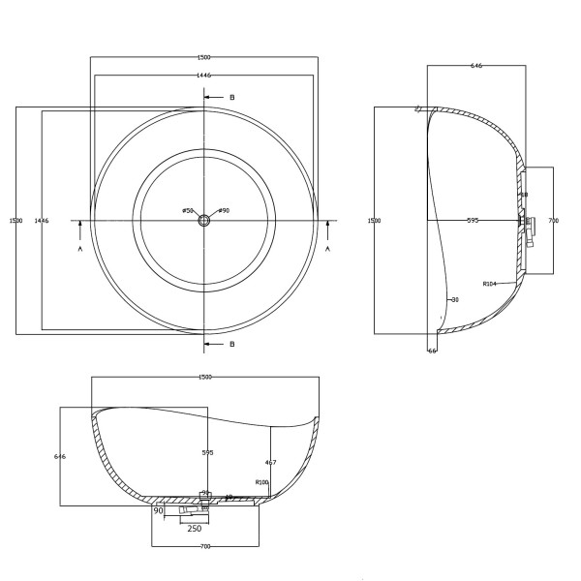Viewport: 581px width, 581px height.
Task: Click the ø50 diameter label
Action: tap(188, 211)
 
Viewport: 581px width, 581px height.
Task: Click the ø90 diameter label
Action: tap(224, 211)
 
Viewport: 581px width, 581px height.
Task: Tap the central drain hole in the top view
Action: tap(204, 221)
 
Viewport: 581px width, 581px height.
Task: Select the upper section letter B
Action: tap(232, 98)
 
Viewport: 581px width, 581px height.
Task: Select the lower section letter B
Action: tap(232, 344)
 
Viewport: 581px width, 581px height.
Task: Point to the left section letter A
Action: tap(80, 249)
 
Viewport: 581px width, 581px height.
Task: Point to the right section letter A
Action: tap(328, 249)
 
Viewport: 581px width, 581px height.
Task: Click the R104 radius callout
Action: tap(489, 284)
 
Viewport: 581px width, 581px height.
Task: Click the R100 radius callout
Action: tap(261, 482)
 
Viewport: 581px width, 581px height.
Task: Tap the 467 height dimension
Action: tap(270, 463)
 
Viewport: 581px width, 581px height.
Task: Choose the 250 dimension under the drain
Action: tap(194, 529)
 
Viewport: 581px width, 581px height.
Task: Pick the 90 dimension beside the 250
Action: tap(158, 511)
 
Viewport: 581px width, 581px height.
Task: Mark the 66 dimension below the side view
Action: tap(433, 351)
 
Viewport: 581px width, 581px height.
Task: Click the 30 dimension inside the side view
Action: tap(454, 300)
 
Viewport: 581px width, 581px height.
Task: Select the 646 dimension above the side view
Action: tap(476, 66)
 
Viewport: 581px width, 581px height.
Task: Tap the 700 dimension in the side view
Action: tap(553, 221)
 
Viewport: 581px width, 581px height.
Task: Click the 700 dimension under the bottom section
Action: tap(205, 547)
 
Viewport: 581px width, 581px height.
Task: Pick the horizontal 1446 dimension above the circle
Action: tap(203, 75)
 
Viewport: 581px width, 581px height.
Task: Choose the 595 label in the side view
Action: tap(473, 221)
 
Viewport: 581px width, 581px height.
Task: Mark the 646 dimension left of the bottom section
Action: tap(59, 456)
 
